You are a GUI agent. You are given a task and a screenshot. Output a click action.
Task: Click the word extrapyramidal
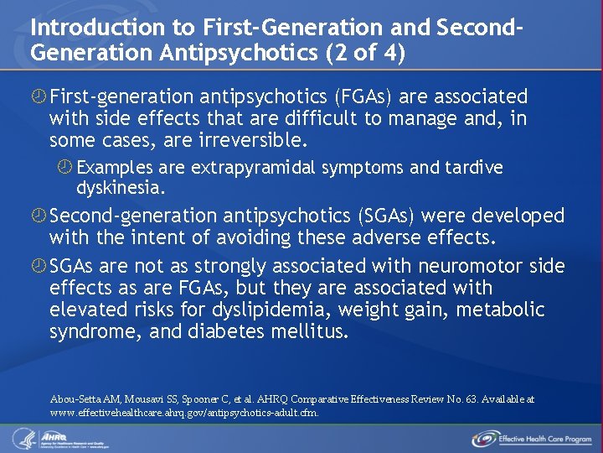pos(252,168)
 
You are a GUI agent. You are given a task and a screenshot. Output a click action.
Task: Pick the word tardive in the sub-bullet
pos(472,168)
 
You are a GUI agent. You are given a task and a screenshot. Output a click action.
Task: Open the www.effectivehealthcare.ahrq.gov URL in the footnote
pos(184,413)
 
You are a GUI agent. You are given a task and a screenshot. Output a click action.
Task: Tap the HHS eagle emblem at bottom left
pos(21,438)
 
